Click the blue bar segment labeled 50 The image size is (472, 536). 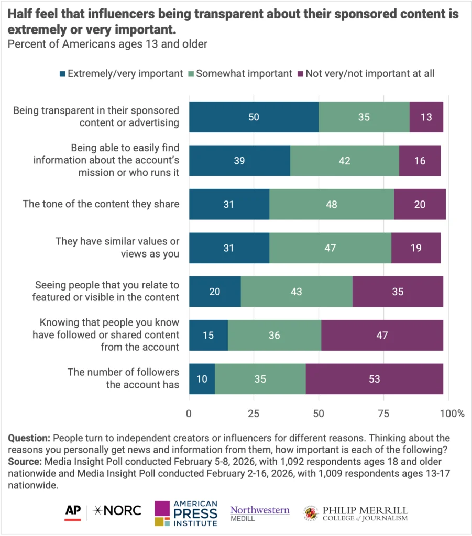(x=254, y=117)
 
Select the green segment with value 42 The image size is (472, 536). (x=344, y=161)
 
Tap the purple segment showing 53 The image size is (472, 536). (x=374, y=378)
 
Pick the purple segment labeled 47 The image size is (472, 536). (x=382, y=335)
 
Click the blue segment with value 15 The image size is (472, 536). (x=208, y=335)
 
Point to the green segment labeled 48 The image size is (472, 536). (x=331, y=204)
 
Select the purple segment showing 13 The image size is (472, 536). (x=426, y=117)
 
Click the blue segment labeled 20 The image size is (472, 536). (x=215, y=292)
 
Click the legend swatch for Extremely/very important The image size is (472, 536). (x=63, y=74)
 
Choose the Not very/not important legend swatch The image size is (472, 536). (x=301, y=74)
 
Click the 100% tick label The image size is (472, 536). (x=452, y=414)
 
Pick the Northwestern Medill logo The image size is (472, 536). (x=260, y=514)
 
